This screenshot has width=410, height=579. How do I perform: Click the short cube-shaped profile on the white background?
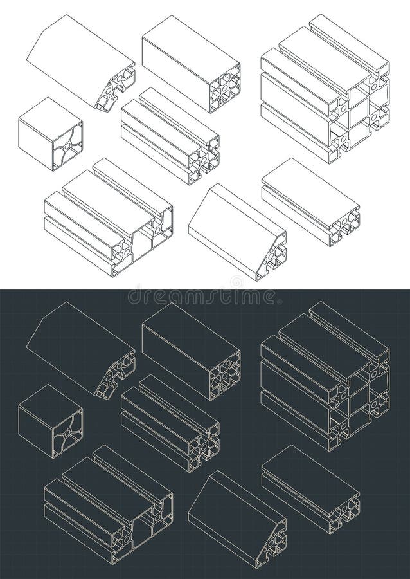click(50, 133)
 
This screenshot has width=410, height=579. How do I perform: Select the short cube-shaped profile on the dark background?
click(50, 421)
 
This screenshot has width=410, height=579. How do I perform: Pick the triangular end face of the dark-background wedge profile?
click(271, 544)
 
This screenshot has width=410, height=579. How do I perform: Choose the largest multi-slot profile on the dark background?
click(325, 376)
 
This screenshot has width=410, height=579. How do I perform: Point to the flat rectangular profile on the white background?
click(310, 201)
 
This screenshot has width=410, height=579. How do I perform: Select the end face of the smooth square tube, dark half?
click(224, 376)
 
